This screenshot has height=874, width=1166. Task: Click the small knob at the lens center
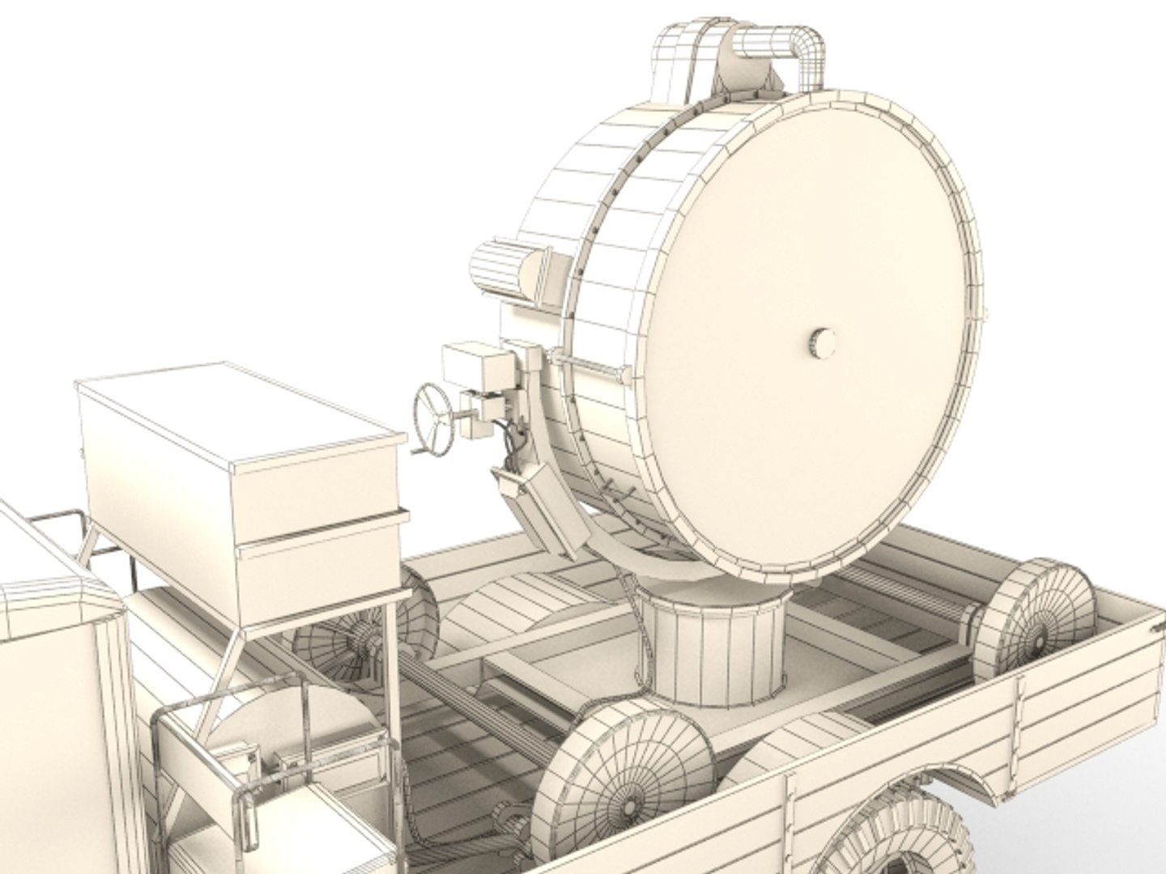point(822,342)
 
